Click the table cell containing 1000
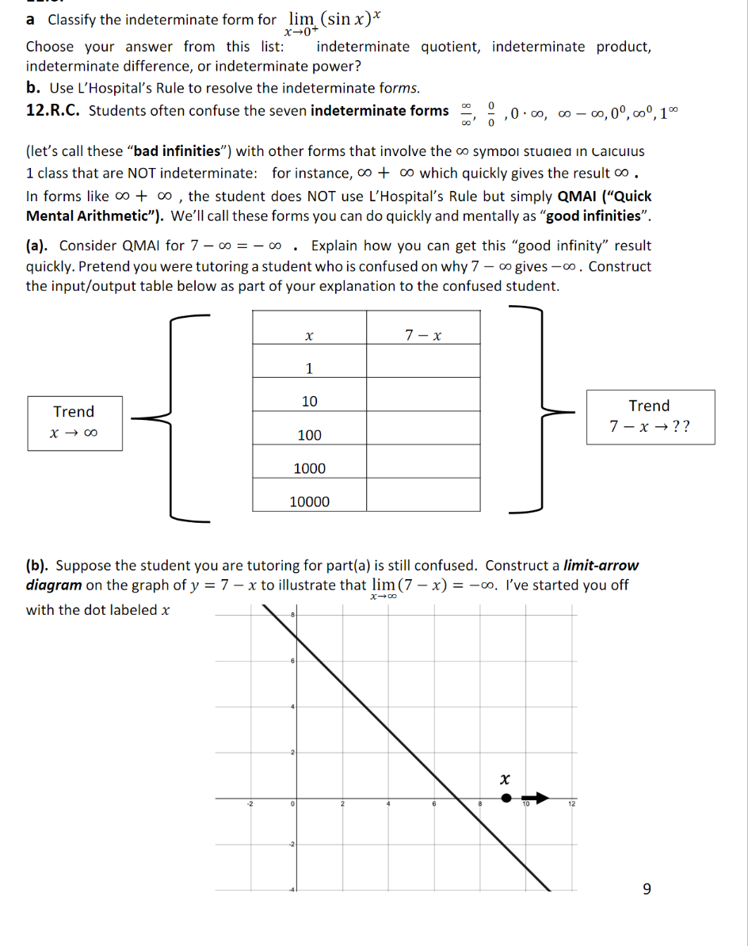tap(309, 468)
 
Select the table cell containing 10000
tap(309, 502)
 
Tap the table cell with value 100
tap(309, 435)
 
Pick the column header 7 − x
tap(422, 335)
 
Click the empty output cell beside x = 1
tap(422, 368)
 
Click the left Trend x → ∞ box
tap(74, 423)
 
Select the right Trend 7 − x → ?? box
tap(650, 417)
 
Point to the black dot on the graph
tap(507, 799)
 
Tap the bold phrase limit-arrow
tap(600, 566)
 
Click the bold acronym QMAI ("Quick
tap(605, 196)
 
